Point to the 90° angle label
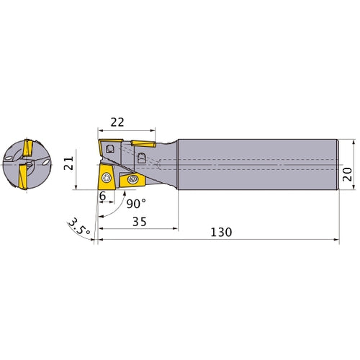135,203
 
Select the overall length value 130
221,233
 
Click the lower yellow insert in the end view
22,176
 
